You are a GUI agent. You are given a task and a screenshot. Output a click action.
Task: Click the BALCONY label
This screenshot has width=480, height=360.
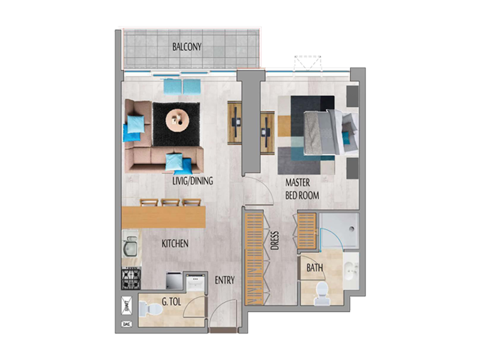187,47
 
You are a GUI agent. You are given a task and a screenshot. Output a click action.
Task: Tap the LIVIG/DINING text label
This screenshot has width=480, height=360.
192,181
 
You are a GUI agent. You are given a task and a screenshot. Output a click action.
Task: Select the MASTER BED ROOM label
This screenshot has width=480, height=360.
302,188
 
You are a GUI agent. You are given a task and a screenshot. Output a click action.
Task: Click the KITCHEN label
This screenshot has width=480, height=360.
175,244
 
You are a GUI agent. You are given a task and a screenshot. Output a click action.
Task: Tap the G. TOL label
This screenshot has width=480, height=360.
171,304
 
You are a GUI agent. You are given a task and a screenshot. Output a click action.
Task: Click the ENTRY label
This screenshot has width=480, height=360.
224,280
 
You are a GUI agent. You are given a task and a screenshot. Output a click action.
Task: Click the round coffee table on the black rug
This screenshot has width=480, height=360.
177,121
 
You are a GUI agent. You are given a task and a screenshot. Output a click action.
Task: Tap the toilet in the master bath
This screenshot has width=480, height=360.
322,290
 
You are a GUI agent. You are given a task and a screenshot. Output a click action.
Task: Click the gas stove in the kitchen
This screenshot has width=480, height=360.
131,278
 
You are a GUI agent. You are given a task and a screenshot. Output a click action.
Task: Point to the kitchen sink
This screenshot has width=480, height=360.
131,245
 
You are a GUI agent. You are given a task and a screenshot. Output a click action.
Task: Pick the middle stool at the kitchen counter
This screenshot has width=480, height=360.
170,203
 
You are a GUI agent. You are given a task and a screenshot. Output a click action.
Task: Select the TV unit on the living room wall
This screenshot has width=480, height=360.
236,123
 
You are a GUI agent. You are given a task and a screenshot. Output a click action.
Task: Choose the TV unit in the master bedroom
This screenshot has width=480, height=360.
267,129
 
